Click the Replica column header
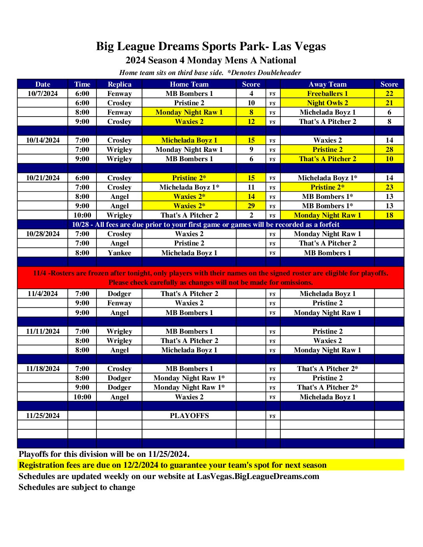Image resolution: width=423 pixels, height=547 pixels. point(119,84)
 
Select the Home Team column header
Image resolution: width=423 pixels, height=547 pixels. point(189,84)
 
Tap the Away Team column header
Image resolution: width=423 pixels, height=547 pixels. point(327,84)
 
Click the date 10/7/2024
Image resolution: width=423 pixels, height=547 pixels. point(43,94)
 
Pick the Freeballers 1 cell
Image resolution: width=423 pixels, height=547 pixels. point(327,94)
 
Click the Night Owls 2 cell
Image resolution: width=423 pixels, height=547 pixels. point(327,103)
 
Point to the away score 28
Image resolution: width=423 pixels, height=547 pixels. point(389,150)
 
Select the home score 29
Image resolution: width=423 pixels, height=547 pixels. point(251,206)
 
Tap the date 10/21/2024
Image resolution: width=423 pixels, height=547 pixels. point(43,178)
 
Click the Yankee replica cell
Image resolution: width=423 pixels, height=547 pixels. point(119,253)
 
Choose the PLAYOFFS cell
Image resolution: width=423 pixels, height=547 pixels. point(189,416)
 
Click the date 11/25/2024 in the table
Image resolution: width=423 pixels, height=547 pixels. point(43,416)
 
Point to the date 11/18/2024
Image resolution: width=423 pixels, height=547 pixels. point(43,369)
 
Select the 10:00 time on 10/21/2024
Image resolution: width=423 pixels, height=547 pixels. point(82,215)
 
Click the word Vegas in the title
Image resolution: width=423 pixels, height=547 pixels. point(309,47)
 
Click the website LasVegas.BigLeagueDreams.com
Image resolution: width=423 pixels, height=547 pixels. point(258,476)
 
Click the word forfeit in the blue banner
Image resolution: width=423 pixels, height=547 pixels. point(329,225)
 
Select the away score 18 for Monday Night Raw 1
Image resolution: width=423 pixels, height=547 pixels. point(389,215)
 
